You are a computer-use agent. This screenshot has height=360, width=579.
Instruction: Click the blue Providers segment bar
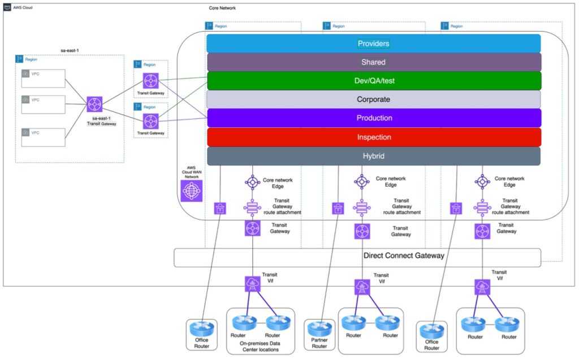[373, 44]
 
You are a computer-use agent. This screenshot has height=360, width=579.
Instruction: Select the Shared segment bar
[373, 62]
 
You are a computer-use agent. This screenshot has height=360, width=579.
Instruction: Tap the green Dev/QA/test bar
[373, 81]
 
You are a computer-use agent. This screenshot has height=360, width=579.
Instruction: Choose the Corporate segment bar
[373, 99]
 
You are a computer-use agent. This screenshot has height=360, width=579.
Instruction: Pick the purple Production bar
[373, 118]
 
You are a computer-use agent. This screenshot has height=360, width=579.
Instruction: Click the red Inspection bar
[373, 137]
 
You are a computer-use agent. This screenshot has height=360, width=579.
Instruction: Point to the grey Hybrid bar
[373, 156]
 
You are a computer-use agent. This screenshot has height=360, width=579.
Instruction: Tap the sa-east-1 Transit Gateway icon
[94, 104]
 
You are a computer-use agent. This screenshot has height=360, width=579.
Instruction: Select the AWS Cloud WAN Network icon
[191, 191]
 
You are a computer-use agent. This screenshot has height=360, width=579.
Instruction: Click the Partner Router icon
[319, 328]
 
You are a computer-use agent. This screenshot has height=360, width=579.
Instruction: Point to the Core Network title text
[222, 8]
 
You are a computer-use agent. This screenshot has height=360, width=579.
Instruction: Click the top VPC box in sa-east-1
[43, 78]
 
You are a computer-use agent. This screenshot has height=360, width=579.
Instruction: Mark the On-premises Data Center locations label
[261, 346]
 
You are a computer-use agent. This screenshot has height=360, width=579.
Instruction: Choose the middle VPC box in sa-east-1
[43, 104]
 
